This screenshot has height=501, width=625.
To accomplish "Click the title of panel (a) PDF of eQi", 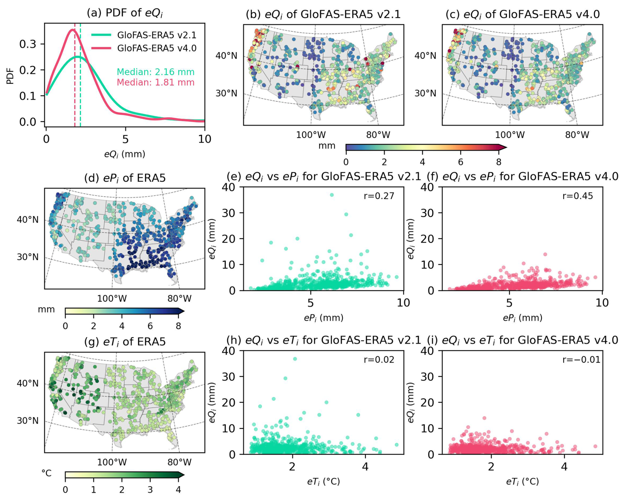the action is tap(125, 13).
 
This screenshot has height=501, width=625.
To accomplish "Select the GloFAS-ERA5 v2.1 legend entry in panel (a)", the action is tap(144, 35).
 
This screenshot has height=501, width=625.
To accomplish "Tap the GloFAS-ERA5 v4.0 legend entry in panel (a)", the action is tap(144, 48).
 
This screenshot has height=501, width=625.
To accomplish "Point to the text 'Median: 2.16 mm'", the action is tap(156, 72).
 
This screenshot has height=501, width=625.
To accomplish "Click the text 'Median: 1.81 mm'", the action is tap(156, 82).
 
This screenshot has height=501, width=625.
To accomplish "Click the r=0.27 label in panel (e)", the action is tap(379, 196).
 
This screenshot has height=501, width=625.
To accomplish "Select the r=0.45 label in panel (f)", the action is tap(578, 196).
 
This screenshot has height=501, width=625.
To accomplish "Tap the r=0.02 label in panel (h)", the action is tap(379, 360).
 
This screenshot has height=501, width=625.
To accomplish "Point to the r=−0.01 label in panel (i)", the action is tap(581, 360).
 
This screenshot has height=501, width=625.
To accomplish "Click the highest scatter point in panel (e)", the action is tap(332, 195).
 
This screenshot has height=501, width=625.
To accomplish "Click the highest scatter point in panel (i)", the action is tap(484, 418).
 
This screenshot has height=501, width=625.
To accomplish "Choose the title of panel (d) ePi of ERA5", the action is tap(125, 178).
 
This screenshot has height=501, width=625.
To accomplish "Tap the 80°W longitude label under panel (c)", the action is tap(577, 135).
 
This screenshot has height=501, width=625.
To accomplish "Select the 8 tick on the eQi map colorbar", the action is tap(499, 162).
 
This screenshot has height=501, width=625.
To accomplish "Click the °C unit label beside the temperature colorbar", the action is tap(47, 473).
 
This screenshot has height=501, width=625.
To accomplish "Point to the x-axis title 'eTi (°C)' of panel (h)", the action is tap(323, 482).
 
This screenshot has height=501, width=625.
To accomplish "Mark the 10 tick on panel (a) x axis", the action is tap(205, 139).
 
